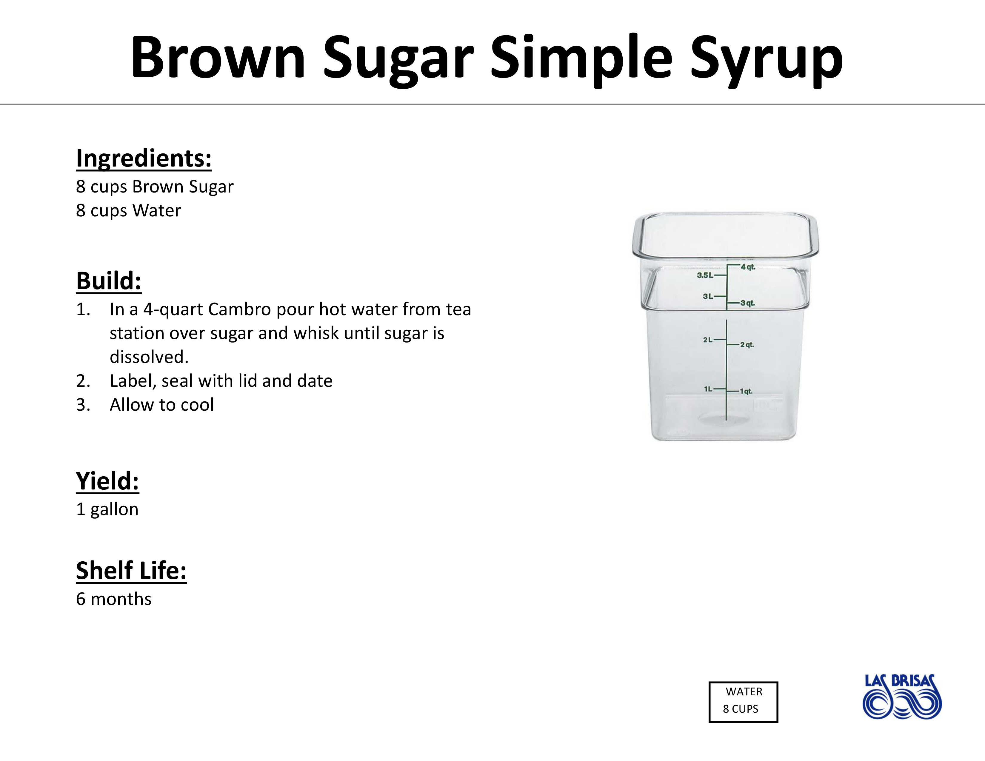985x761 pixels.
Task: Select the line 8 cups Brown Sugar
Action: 155,187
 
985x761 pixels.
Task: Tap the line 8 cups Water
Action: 129,210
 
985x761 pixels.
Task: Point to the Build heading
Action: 109,281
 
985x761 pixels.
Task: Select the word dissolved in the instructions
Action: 149,357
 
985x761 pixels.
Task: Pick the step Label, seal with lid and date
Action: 221,381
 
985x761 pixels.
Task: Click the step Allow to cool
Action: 162,405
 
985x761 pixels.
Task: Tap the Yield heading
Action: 107,481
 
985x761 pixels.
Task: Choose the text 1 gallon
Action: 107,509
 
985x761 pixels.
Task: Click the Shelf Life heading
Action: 131,571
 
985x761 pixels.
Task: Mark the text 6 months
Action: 114,599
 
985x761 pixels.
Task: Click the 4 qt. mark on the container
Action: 748,267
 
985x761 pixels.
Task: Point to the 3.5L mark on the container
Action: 705,275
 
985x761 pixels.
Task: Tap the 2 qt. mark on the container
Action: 747,345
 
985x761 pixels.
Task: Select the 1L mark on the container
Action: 708,389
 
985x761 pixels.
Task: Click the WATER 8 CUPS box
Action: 743,702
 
